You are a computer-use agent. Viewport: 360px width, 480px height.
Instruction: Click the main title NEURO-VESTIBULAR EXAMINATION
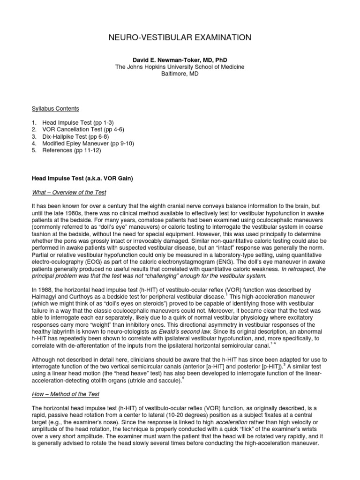(x=180, y=37)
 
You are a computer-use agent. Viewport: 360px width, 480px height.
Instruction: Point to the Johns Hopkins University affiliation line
(x=180, y=67)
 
